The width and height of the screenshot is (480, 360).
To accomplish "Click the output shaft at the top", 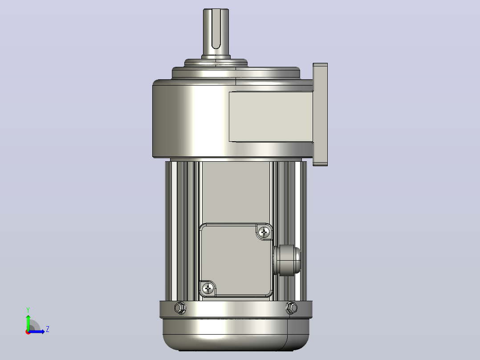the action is (x=216, y=32).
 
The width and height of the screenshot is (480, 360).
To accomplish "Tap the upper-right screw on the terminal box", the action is (x=264, y=233).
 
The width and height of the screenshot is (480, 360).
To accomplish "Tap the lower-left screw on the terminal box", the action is (x=208, y=288).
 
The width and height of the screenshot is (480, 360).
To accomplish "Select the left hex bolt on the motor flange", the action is (x=180, y=307).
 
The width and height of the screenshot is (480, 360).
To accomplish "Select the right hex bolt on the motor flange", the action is (x=291, y=307).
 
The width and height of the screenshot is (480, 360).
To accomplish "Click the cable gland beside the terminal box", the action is (x=287, y=260).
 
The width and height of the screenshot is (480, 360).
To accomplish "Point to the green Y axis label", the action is (x=28, y=310).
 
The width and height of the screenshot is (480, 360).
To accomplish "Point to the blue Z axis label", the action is (x=48, y=329).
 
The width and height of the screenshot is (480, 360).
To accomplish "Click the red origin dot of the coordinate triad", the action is (x=28, y=332).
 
